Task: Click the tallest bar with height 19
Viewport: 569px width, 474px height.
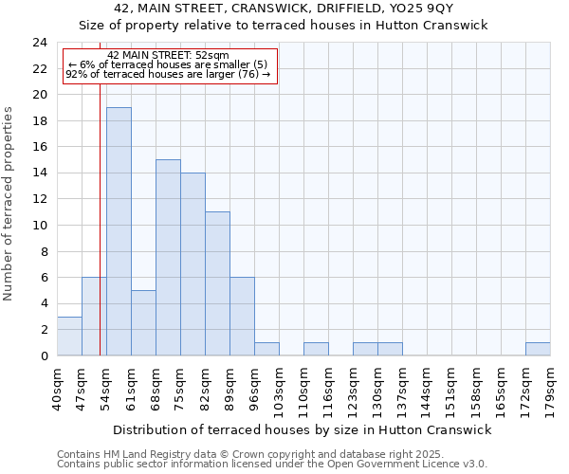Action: (119, 231)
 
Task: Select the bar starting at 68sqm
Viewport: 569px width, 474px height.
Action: (168, 258)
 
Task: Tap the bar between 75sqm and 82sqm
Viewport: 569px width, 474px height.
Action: (193, 264)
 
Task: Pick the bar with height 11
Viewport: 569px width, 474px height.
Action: (217, 283)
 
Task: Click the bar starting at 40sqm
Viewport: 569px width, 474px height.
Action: (69, 337)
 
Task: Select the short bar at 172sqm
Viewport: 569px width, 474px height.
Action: (538, 349)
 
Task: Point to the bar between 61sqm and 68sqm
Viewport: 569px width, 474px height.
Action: (143, 323)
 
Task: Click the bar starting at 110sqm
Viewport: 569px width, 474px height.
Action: (316, 349)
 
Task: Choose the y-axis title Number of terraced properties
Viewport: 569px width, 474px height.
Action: (9, 204)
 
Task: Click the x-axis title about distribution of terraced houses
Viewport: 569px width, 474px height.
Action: (302, 429)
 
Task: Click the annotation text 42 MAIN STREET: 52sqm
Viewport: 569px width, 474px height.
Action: (168, 56)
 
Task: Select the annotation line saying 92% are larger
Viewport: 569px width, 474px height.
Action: (168, 74)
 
